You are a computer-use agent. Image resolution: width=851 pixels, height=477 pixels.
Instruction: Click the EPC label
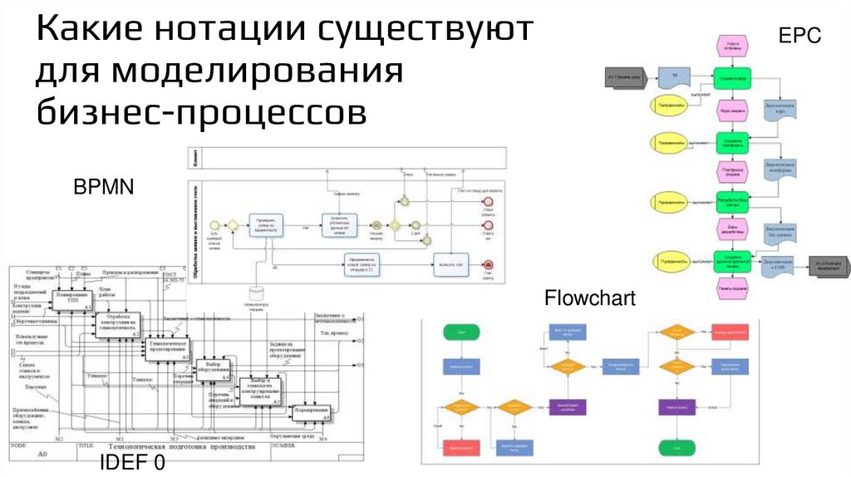(x=799, y=36)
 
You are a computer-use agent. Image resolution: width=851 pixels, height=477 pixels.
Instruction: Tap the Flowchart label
(x=589, y=298)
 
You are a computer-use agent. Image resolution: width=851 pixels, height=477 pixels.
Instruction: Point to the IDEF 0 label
(x=133, y=463)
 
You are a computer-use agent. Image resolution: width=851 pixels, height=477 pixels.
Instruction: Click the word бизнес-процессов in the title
(x=201, y=111)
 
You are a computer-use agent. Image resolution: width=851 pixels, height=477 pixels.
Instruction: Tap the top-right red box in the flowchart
(x=730, y=332)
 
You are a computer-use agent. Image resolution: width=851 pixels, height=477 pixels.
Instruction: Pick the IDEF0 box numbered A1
(x=72, y=300)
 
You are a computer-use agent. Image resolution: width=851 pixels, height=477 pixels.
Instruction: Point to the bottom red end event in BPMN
(x=489, y=265)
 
